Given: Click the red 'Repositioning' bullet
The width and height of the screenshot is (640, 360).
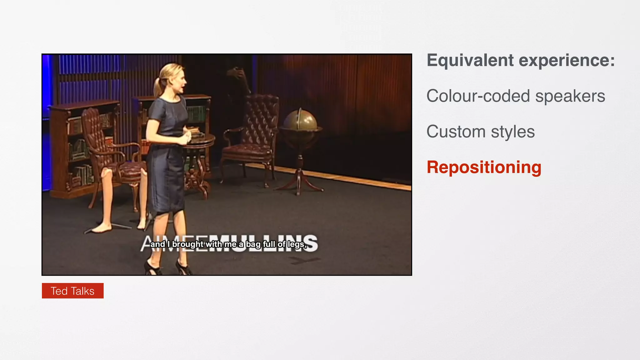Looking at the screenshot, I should click(x=484, y=167).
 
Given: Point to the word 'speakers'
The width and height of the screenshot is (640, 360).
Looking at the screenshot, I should click(x=570, y=96).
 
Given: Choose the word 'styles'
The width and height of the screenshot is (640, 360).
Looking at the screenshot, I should click(x=512, y=132).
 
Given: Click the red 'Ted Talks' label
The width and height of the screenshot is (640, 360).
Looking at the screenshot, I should click(x=72, y=291).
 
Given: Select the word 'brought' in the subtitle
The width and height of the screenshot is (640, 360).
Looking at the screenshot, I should click(x=188, y=244).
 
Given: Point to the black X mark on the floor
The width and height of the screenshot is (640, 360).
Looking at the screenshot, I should click(x=304, y=260).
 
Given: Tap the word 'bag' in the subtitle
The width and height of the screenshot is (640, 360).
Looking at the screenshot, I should click(x=253, y=244).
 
